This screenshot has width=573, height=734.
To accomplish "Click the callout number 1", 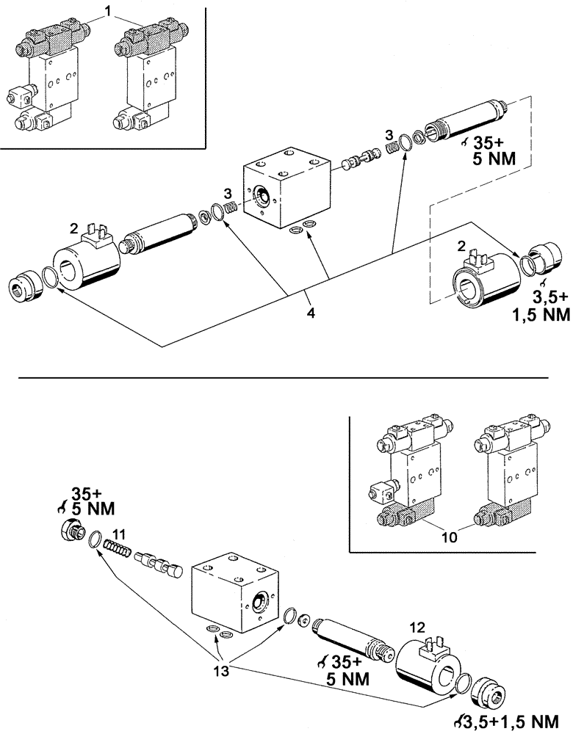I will coord(108,12).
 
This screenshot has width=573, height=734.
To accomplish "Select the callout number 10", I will coord(451,537).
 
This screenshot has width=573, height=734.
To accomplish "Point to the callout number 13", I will coord(220,669).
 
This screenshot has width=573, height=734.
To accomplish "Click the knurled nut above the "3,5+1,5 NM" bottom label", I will coord(486,695).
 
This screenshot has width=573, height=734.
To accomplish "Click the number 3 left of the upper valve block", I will coord(228,193).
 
